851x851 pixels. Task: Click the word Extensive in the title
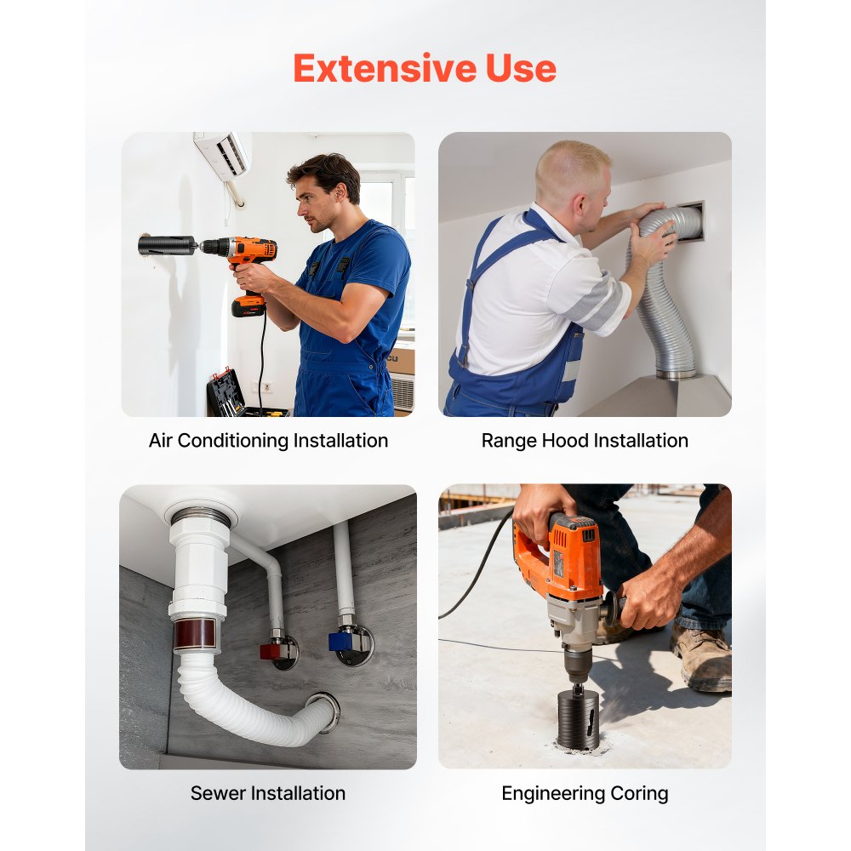point(385,68)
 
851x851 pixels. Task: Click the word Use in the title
point(521,68)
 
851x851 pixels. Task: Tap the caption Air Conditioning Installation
point(268,441)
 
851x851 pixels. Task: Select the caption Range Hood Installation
point(585,441)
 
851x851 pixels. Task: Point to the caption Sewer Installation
point(267,793)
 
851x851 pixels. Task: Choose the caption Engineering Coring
point(585,794)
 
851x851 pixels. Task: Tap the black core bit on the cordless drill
point(167,245)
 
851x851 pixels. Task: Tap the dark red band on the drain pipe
point(194,634)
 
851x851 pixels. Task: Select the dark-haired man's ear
point(340,192)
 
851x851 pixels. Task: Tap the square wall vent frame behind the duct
point(690,221)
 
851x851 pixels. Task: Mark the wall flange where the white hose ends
point(324,711)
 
